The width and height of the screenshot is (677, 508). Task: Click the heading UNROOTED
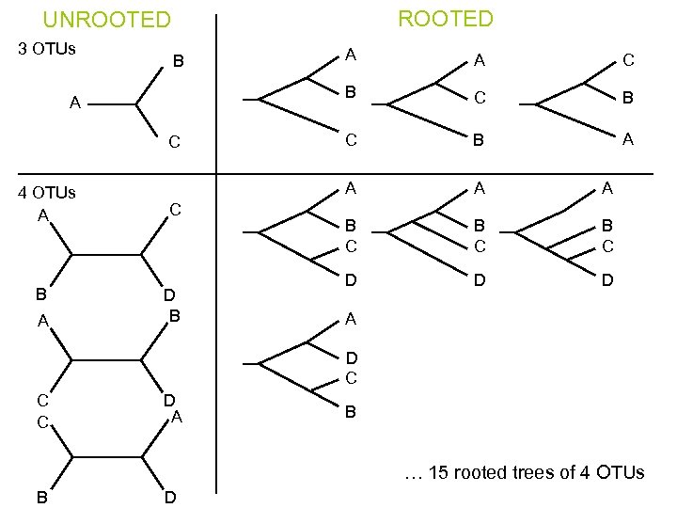(107, 20)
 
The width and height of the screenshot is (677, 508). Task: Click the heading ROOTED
(445, 18)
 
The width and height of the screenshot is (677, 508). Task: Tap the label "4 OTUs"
(48, 193)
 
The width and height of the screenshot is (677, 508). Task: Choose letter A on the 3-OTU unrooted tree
(74, 103)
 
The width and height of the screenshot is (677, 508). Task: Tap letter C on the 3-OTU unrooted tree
(173, 143)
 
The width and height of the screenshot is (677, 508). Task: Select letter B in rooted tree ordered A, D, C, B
(350, 411)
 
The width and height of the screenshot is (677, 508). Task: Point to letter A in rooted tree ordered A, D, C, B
(350, 318)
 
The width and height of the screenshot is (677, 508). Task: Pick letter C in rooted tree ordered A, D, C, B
(351, 378)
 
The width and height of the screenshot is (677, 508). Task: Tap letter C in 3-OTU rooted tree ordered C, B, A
(627, 60)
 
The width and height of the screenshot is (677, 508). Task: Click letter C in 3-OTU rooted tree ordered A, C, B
(480, 98)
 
